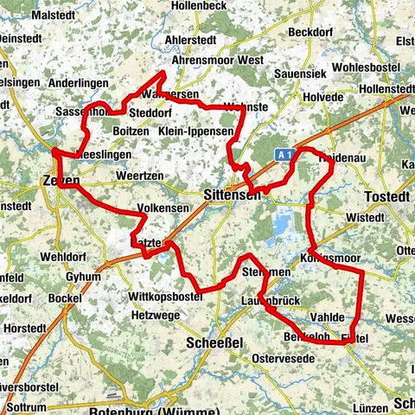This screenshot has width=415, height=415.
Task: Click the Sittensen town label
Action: coord(231,196)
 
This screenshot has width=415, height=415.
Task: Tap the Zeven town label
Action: coord(60,182)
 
